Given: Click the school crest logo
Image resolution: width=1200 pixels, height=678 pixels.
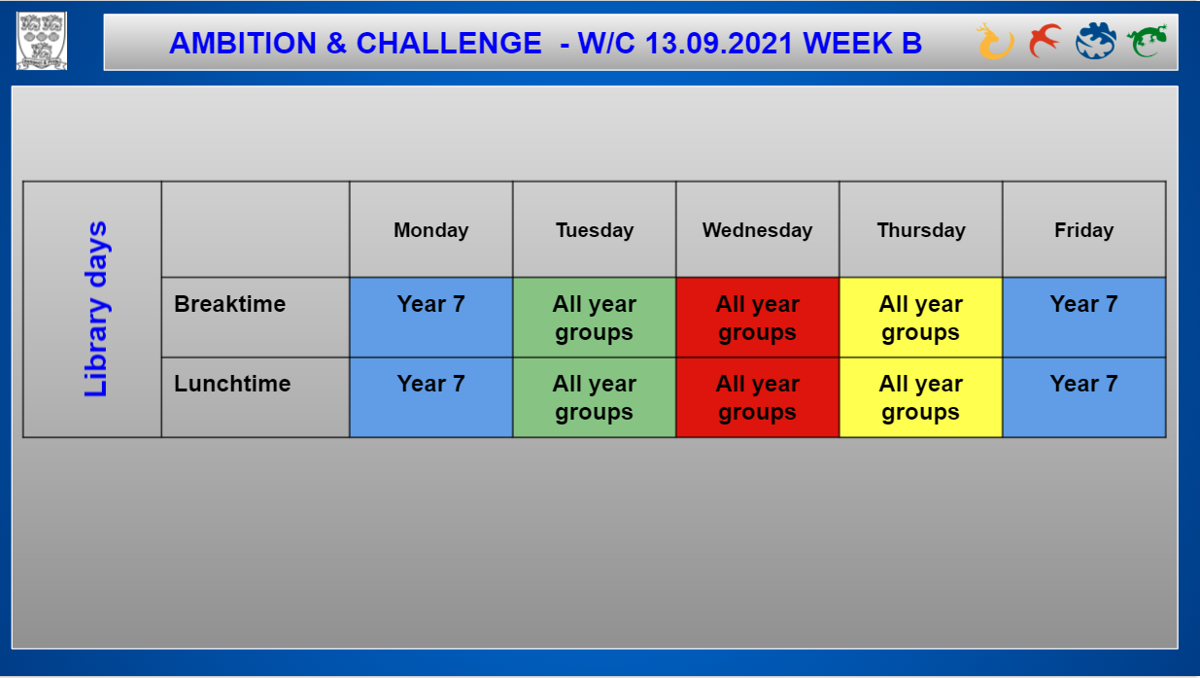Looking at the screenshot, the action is [42, 41].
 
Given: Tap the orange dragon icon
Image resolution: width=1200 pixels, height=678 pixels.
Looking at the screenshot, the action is [995, 41].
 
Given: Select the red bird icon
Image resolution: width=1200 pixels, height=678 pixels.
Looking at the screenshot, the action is [1045, 40].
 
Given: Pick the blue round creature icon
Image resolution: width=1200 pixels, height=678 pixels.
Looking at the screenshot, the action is [1095, 40].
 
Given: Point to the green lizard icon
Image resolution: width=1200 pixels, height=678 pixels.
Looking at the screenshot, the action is [1147, 40].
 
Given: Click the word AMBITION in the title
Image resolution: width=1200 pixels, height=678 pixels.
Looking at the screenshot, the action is [243, 44].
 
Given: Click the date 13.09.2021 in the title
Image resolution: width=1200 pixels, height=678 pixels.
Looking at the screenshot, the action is [719, 44].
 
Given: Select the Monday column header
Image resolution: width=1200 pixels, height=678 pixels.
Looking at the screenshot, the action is [431, 230].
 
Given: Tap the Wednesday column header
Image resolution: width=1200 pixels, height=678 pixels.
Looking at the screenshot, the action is [758, 230].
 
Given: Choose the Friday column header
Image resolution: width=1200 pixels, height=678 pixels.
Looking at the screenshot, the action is [1084, 230].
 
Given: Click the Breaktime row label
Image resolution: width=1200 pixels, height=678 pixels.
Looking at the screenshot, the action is [230, 304].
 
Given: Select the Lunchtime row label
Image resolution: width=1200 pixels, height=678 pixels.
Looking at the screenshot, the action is [232, 384].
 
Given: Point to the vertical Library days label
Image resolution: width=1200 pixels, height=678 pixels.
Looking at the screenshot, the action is [96, 310].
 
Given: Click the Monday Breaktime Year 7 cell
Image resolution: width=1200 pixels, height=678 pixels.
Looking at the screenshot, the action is [431, 318].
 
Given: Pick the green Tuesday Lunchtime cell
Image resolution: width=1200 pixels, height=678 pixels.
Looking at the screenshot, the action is [595, 398].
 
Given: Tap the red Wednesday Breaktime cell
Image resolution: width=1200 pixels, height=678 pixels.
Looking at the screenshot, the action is [758, 318].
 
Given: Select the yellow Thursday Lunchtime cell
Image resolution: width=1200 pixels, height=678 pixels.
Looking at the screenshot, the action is [921, 398].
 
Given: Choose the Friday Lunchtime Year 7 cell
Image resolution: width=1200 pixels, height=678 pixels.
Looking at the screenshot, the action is [1084, 398].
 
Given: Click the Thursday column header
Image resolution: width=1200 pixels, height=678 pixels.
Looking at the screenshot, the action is [921, 230].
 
